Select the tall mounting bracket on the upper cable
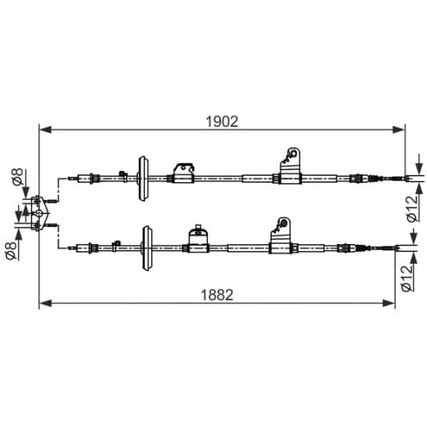291,165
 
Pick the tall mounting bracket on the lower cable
281,235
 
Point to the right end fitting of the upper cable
398,178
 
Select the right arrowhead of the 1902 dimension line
399,128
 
